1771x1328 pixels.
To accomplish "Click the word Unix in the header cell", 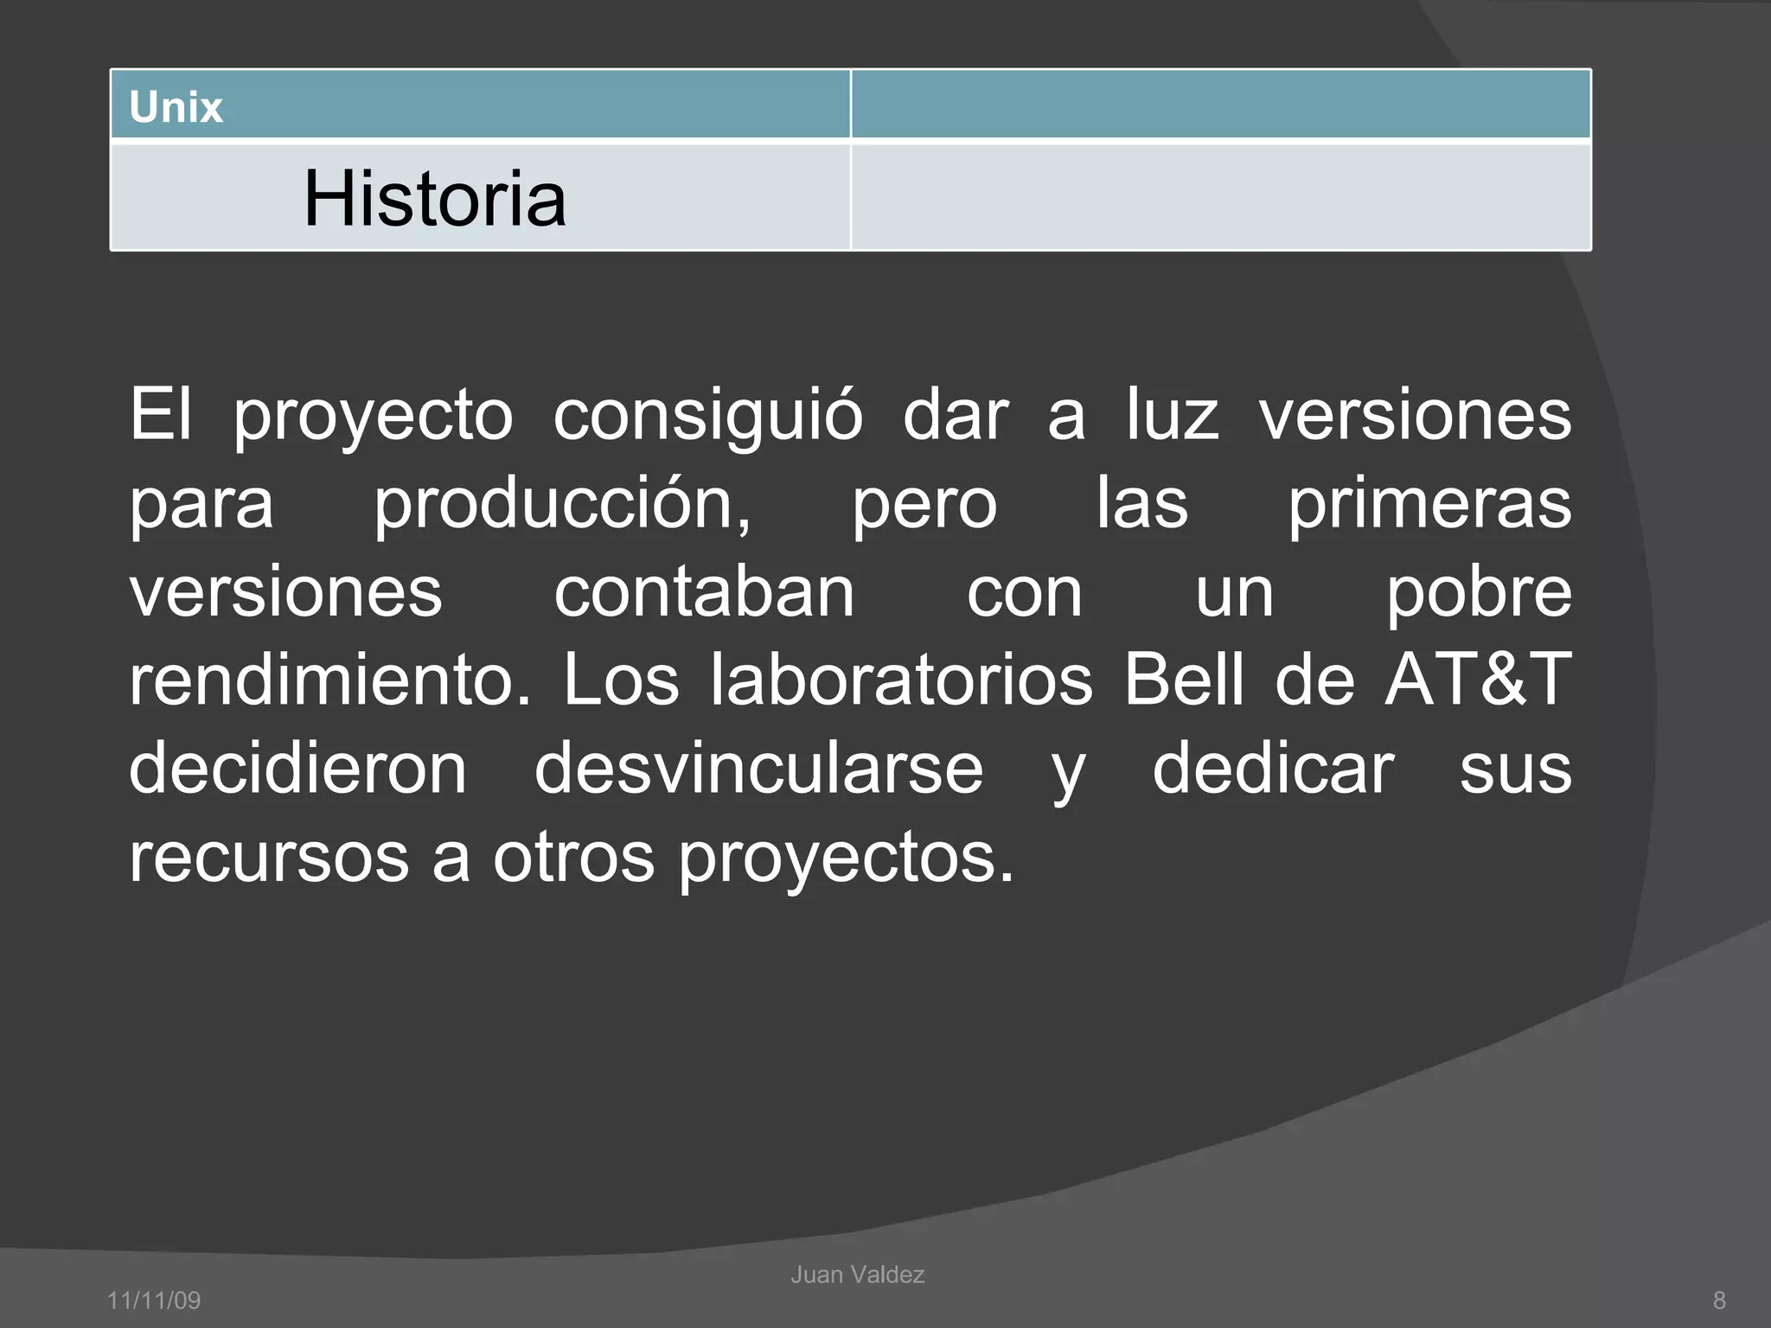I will point(176,107).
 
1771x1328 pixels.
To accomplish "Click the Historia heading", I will point(434,199).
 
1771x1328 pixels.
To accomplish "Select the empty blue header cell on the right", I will point(1220,104).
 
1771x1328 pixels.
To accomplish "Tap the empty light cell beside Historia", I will point(1220,197).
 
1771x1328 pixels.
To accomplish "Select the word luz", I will point(1172,415).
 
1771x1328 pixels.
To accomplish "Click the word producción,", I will point(562,505).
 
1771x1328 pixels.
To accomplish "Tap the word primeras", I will point(1429,507).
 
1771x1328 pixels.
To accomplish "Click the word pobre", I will point(1479,595).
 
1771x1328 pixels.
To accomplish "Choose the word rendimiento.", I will point(329,680).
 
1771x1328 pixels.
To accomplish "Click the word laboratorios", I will point(901,680).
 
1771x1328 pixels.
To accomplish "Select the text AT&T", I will point(1477,680).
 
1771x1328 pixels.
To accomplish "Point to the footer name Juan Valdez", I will point(857,1274).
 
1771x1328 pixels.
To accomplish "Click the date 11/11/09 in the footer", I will point(154,1300).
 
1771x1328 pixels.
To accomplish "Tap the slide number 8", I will point(1719,1300).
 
